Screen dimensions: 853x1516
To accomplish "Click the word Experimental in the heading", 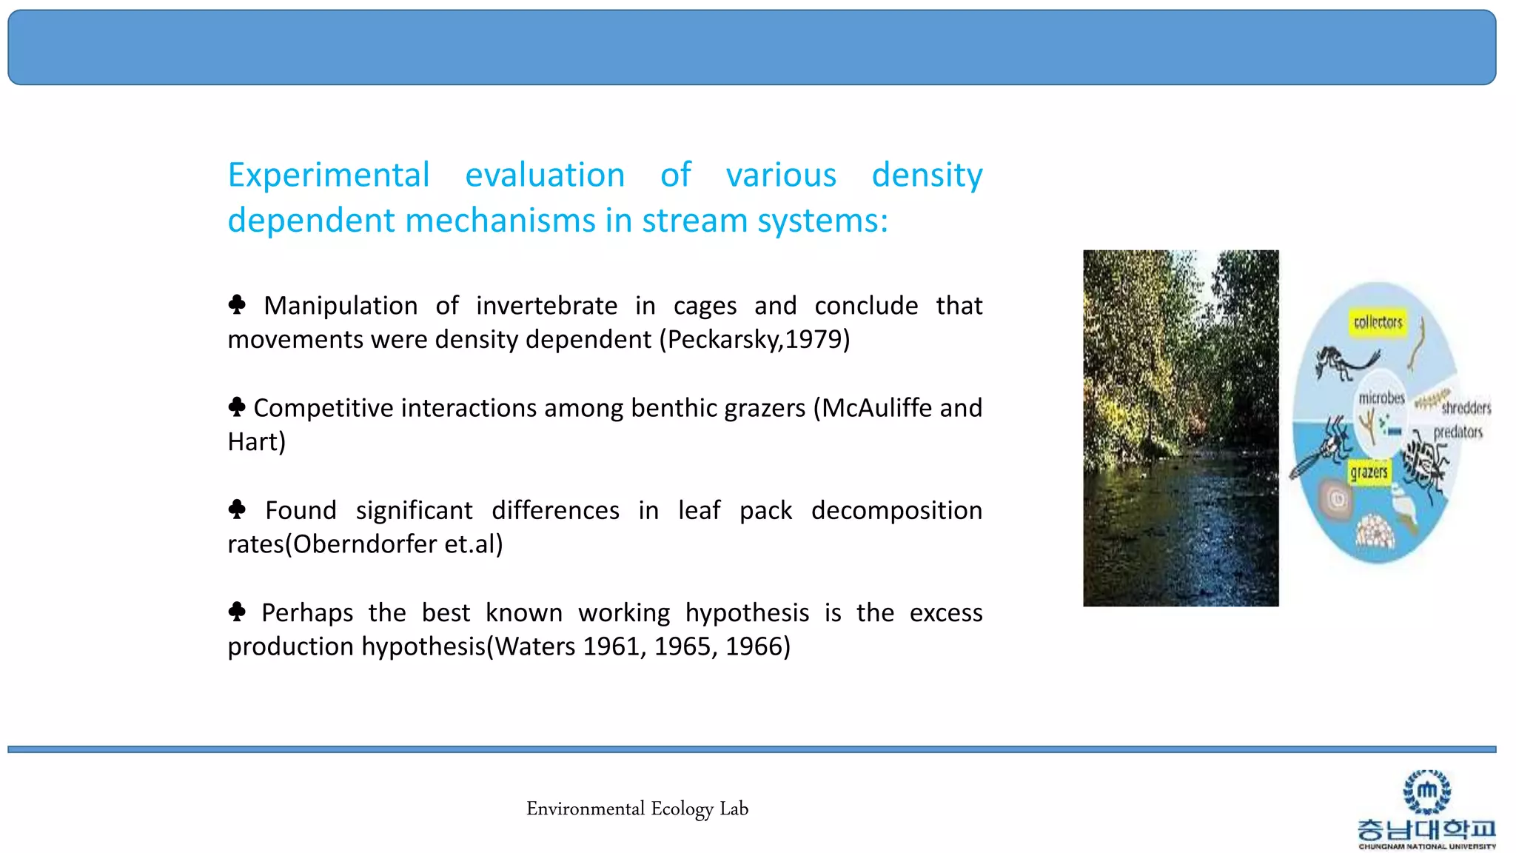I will [328, 175].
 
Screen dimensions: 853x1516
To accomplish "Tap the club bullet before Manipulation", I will [237, 304].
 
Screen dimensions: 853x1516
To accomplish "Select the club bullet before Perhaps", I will [237, 612].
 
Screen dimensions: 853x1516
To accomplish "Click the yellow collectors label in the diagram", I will [1377, 322].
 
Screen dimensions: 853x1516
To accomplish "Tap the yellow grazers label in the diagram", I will [1369, 472].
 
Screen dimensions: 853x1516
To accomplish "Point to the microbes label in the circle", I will [1381, 398].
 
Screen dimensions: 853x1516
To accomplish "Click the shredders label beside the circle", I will [1466, 407].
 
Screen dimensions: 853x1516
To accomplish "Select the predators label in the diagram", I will [1458, 432].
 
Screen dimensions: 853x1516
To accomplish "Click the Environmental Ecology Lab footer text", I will [637, 809].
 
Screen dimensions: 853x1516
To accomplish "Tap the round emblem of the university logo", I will [1426, 792].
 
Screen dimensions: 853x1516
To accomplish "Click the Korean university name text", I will [1426, 829].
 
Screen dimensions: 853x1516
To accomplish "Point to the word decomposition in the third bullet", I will [896, 510].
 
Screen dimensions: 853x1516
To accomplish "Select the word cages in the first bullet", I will [705, 306].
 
